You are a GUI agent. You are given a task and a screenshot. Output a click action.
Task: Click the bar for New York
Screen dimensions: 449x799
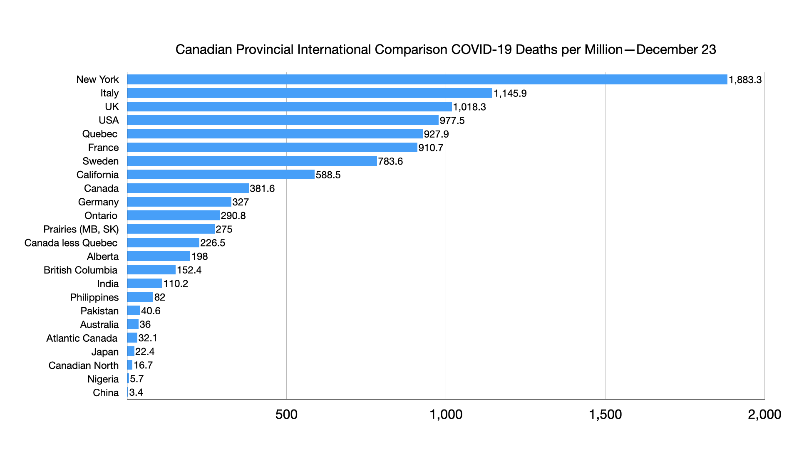427,79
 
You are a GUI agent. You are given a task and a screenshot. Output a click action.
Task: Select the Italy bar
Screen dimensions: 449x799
310,93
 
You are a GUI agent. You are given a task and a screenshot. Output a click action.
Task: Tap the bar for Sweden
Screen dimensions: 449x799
252,161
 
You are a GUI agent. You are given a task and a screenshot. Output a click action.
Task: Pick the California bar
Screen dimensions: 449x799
221,175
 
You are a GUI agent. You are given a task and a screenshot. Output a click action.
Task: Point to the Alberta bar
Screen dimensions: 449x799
159,256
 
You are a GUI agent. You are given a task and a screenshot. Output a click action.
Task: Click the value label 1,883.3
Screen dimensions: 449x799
745,80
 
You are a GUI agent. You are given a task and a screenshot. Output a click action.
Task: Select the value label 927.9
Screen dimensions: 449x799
436,134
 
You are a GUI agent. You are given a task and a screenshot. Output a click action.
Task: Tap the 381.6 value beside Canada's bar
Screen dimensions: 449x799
262,188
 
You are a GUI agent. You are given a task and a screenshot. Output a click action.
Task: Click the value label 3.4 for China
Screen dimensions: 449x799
136,392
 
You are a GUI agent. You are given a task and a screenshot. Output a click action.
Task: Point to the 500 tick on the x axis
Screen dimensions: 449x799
286,414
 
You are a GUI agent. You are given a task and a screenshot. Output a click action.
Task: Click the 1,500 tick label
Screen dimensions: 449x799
605,414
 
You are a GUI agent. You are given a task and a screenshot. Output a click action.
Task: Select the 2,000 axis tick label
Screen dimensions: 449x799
764,414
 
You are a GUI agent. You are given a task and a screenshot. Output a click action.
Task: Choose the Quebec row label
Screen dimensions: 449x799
100,134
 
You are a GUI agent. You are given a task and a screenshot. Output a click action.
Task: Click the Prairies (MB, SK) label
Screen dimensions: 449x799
81,229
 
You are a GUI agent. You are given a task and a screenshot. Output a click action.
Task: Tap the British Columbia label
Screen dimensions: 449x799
81,270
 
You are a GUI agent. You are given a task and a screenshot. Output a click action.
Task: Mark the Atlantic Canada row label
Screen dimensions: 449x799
82,338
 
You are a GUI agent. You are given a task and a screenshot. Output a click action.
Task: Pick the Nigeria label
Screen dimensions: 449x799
103,379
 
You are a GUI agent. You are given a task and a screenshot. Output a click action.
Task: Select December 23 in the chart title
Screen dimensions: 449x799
676,49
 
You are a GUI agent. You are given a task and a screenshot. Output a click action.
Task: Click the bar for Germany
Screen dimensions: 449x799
179,202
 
